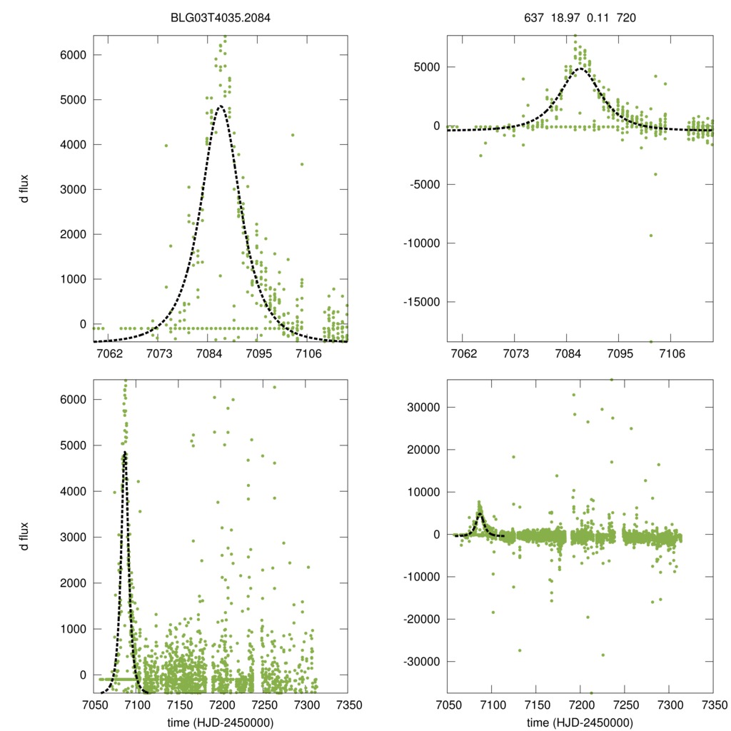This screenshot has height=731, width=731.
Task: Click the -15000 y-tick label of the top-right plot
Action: (421, 302)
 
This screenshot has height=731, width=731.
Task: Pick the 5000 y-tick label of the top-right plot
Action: (427, 67)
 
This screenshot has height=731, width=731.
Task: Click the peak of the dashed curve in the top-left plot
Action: (220, 106)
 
